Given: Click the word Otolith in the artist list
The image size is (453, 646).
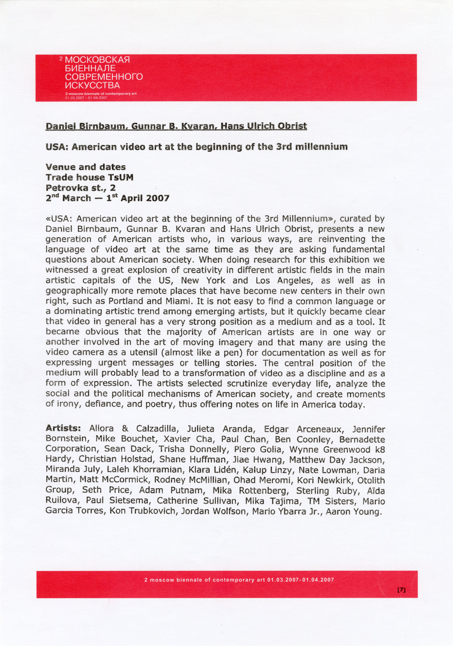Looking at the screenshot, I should [x=371, y=480].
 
